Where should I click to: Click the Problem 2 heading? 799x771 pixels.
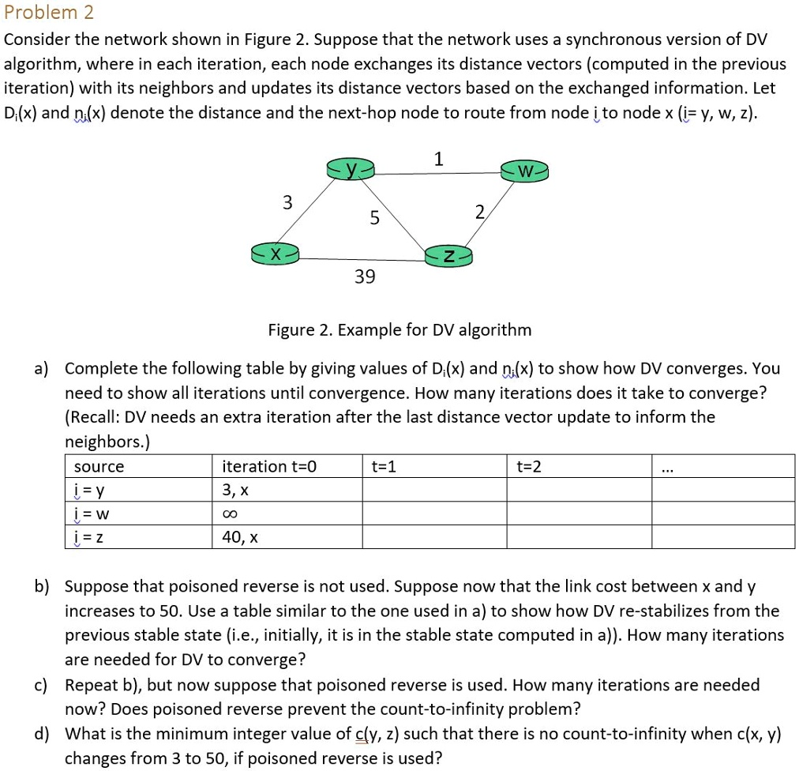point(49,13)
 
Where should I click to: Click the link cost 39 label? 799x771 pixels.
point(365,277)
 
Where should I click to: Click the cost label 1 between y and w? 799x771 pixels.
point(439,159)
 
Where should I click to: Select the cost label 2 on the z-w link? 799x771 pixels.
point(480,211)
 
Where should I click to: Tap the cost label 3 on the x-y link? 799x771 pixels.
point(287,203)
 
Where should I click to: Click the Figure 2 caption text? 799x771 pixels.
point(399,329)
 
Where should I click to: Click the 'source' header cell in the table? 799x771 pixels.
point(99,467)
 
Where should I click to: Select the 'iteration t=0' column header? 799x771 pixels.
point(269,467)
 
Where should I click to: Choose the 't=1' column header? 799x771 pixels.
point(384,467)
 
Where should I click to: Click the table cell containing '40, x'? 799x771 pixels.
point(241,538)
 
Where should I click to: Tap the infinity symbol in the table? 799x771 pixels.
point(230,514)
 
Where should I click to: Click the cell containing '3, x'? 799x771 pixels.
point(236,491)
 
